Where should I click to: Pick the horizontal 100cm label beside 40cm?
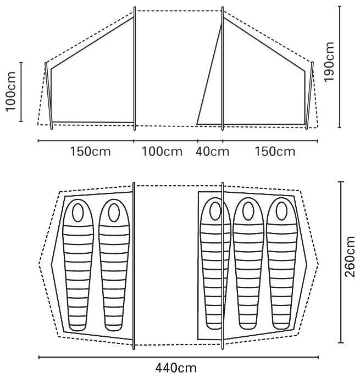[x=162, y=152]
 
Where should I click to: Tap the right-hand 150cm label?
[x=275, y=152]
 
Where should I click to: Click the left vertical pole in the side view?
[x=135, y=69]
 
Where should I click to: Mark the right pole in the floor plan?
[x=222, y=264]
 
